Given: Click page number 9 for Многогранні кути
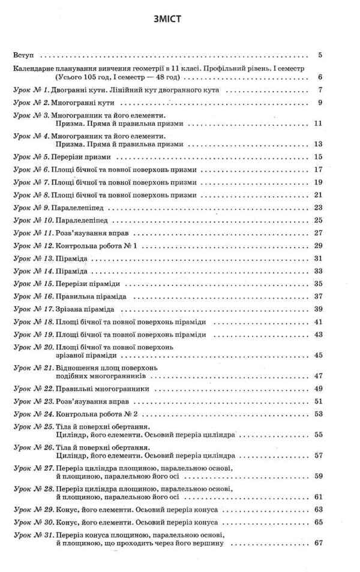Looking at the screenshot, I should click(x=320, y=103).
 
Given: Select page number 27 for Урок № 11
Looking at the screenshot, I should click(x=319, y=233).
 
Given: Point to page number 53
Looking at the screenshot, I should click(x=319, y=414).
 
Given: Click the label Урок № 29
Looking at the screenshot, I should click(x=32, y=509).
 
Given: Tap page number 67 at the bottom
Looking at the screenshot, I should click(x=319, y=543).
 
